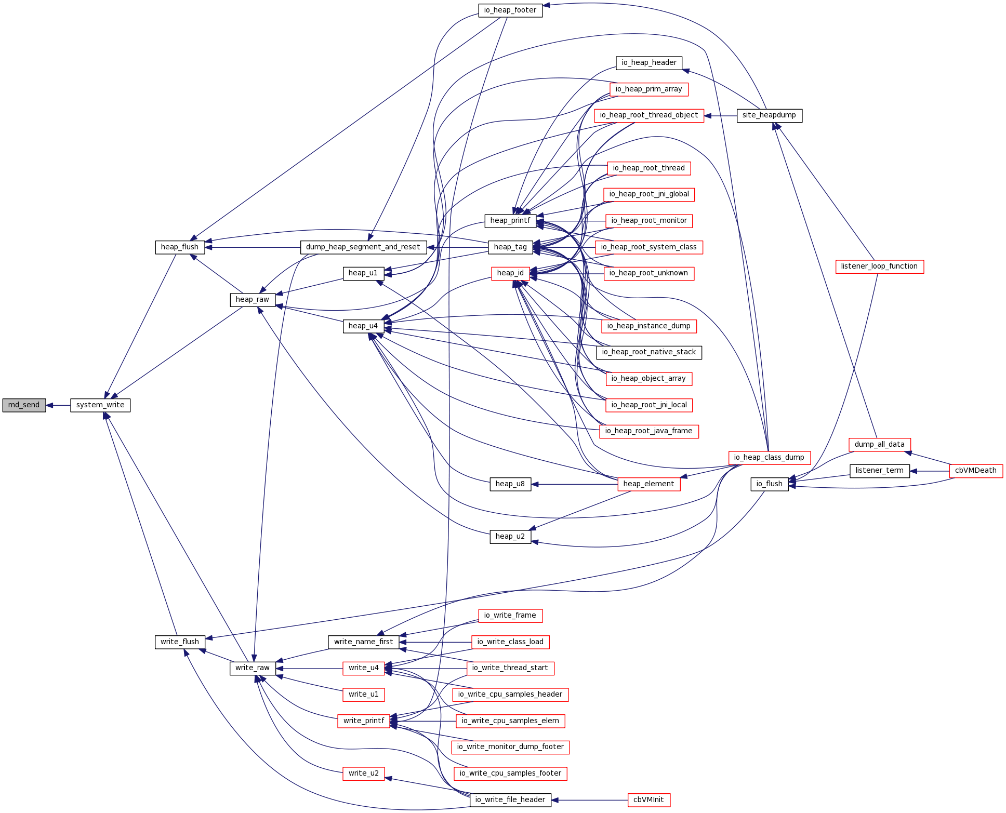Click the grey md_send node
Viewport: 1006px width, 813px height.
point(24,405)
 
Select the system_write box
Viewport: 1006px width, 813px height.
point(100,405)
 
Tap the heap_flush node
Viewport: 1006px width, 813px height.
point(179,247)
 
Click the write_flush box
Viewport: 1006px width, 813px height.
point(180,642)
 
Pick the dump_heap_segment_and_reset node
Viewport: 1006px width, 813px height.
point(363,247)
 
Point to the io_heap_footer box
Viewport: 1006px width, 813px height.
point(510,10)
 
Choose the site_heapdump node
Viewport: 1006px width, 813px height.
point(769,115)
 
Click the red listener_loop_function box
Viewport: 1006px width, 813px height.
point(879,266)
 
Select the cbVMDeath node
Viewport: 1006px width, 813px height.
point(975,471)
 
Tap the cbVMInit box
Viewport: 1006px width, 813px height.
point(648,800)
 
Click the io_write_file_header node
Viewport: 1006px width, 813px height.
point(510,800)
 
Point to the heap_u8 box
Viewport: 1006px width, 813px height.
point(510,484)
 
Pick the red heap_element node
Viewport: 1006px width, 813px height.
point(648,484)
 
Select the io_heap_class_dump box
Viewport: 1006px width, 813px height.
point(769,458)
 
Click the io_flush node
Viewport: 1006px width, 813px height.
point(769,484)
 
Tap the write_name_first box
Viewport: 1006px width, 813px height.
point(363,642)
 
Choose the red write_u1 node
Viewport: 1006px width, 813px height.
point(363,695)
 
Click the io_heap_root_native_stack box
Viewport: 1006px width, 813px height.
point(648,352)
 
